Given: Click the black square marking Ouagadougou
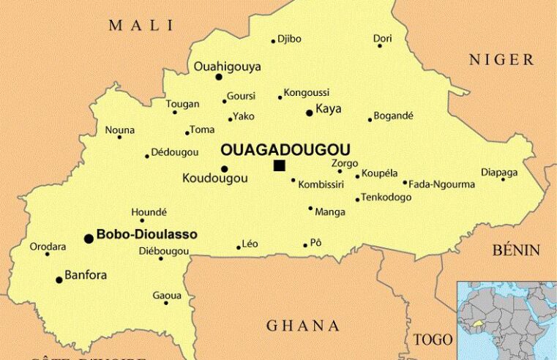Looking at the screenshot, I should (279, 165).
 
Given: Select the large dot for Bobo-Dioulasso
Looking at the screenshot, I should (89, 238).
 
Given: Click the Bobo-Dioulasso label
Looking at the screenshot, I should (146, 235).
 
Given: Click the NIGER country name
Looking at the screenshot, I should (501, 60).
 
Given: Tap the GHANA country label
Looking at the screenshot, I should (302, 326).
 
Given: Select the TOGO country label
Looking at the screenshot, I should (433, 340).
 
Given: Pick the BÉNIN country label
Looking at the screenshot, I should (515, 250).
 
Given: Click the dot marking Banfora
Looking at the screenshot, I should (59, 280).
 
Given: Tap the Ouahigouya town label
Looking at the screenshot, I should (227, 67).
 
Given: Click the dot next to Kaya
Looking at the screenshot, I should (309, 113).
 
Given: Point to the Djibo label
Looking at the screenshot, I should (289, 39).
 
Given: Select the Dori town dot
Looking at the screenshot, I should (379, 46).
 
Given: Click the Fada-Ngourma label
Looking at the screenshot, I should (441, 184).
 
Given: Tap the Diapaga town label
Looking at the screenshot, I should (499, 172).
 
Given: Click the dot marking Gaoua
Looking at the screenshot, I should (166, 303).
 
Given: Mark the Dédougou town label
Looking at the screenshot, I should (174, 152).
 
